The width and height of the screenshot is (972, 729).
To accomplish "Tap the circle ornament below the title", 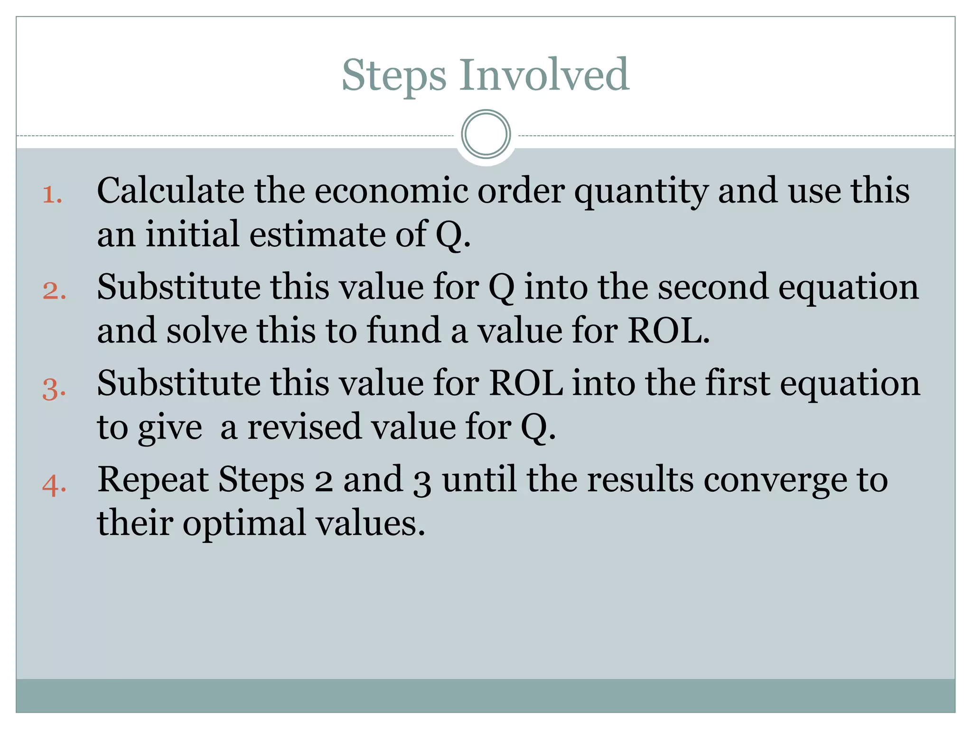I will click(x=486, y=134).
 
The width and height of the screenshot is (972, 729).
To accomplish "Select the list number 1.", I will click(x=52, y=195).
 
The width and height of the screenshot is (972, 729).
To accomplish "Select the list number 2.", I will click(x=54, y=291).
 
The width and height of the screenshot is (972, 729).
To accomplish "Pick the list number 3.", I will click(x=54, y=388).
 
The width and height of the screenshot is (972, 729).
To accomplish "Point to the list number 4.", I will click(x=54, y=486).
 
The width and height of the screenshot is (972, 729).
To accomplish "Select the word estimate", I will click(x=317, y=234).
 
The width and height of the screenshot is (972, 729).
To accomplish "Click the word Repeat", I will click(x=153, y=480).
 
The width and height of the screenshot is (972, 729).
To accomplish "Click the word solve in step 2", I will click(x=206, y=330).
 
